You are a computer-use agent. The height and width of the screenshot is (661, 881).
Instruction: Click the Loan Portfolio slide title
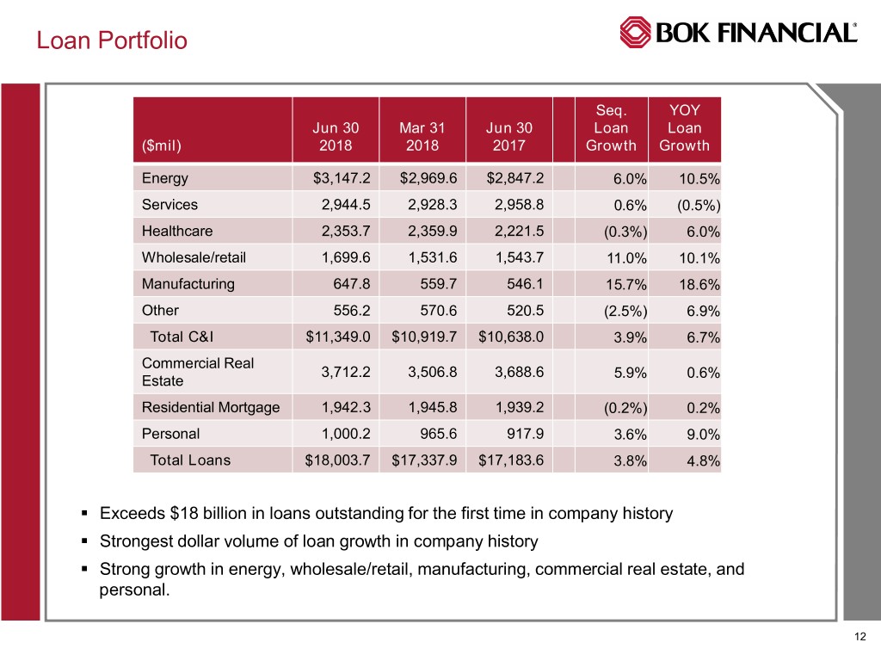pos(111,40)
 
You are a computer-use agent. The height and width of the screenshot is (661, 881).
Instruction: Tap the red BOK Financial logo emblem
pos(636,33)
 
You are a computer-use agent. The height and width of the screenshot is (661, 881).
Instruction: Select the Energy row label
pos(165,178)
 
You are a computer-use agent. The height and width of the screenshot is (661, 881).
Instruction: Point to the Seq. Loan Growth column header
pos(611,128)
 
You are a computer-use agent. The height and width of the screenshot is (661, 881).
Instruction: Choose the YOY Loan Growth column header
pos(684,128)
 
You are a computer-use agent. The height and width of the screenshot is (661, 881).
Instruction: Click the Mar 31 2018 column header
pos(422,137)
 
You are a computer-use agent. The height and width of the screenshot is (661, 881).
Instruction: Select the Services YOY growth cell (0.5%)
pos(697,206)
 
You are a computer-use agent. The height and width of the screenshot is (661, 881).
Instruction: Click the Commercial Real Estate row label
pos(198,372)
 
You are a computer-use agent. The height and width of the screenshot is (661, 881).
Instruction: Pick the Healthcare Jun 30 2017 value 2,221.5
pos(514,232)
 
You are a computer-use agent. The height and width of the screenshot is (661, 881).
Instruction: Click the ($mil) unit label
pos(162,145)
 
